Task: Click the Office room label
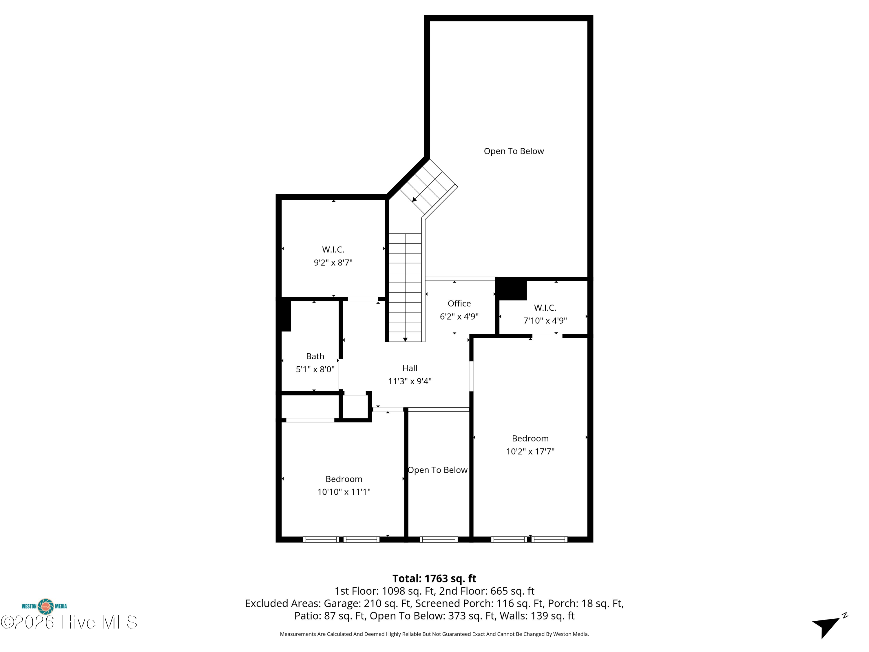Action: tap(459, 303)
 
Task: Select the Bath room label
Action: tap(315, 356)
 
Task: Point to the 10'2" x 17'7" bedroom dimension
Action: tap(530, 451)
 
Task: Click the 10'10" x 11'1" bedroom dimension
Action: tap(344, 492)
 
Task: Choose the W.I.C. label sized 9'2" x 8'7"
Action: tap(333, 249)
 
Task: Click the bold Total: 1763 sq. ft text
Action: tap(434, 578)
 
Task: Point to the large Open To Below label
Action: tap(514, 151)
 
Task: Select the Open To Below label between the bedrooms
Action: tap(438, 470)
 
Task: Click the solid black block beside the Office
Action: tap(511, 289)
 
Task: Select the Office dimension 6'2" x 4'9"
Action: tap(459, 316)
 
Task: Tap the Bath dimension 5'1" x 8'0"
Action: tap(315, 369)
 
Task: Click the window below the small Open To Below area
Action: tap(439, 540)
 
